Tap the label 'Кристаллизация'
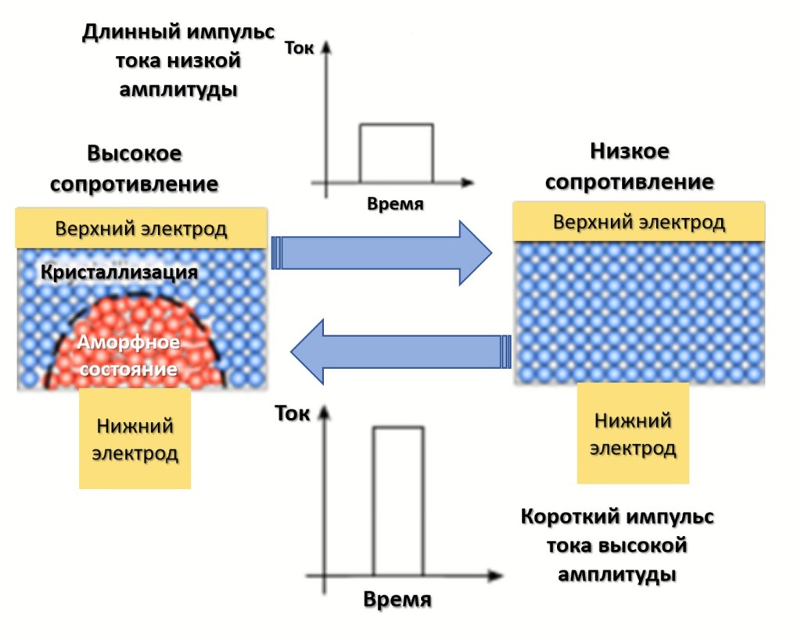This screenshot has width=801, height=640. coord(120,273)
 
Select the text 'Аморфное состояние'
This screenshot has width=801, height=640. coord(128,356)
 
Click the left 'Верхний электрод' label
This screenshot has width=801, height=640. coord(141,229)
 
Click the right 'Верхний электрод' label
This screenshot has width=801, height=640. coord(639,222)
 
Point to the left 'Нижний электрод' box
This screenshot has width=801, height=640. coord(135,439)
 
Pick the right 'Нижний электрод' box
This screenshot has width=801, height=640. coord(633,434)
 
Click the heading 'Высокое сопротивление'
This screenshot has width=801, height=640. coord(135,169)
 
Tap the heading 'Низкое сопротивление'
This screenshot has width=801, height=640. coord(630,166)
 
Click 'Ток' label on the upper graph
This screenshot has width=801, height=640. coord(300,48)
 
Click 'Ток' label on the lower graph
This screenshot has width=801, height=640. coord(293,413)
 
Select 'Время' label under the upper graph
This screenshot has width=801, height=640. coord(395,205)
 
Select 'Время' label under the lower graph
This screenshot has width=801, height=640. coord(397,600)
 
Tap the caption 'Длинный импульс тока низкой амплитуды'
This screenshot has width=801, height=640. coord(178,61)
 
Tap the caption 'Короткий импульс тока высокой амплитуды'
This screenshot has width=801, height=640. coord(617,545)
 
